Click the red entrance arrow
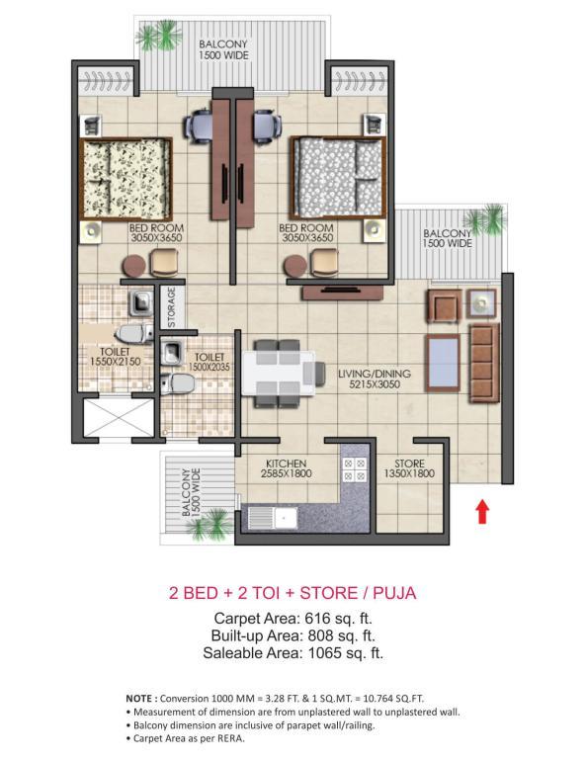click(x=482, y=512)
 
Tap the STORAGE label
click(x=171, y=307)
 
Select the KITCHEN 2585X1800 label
click(x=286, y=468)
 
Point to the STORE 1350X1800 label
click(x=409, y=468)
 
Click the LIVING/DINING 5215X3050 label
click(x=375, y=379)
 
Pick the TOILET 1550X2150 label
click(x=116, y=356)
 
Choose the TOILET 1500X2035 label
click(x=209, y=362)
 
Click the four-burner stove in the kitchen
click(x=355, y=470)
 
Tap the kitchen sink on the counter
click(x=274, y=519)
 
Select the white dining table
click(x=279, y=374)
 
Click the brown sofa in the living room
click(x=484, y=364)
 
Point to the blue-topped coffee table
click(x=443, y=363)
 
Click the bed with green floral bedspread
click(x=126, y=179)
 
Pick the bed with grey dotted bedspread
click(x=338, y=178)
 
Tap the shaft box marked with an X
click(x=118, y=418)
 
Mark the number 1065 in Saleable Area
click(x=325, y=653)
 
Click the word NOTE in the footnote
click(x=139, y=698)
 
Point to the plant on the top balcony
click(x=158, y=35)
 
